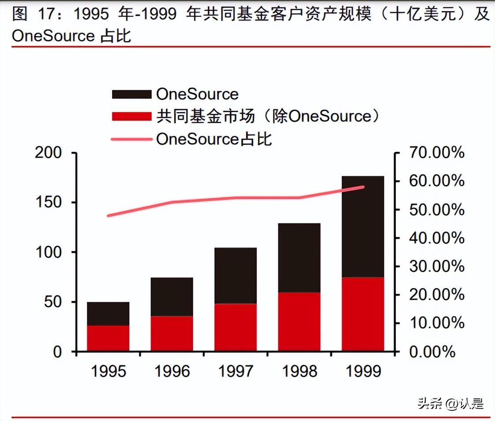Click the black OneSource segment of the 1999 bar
[x=363, y=226]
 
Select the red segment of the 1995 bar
[x=108, y=338]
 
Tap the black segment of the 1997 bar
[x=236, y=275]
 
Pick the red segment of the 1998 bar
[x=299, y=321]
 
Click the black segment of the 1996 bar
[x=172, y=297]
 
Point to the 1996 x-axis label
[x=172, y=371]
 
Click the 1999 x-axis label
[x=363, y=371]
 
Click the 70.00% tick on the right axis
[x=437, y=153]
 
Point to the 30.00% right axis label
[x=437, y=267]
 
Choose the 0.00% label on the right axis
[x=432, y=352]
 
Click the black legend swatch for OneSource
[x=131, y=94]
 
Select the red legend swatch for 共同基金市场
[x=131, y=117]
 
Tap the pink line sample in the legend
[x=131, y=139]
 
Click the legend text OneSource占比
[x=214, y=139]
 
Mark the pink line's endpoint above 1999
[x=363, y=187]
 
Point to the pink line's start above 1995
[x=109, y=216]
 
